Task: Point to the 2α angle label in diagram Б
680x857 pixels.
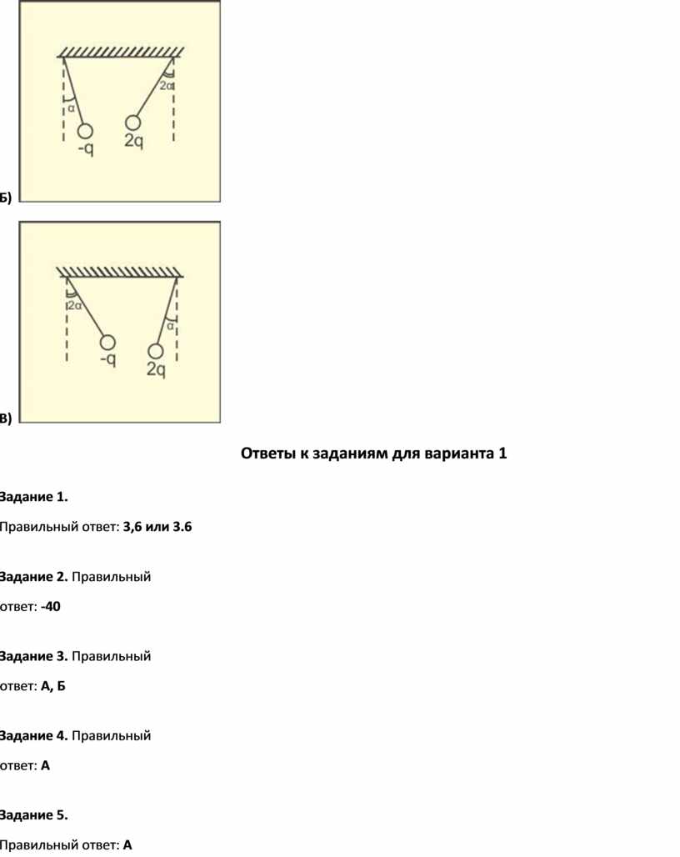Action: tap(166, 86)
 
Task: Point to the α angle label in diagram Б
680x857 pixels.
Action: tap(71, 108)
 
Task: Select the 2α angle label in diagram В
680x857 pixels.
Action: tap(75, 305)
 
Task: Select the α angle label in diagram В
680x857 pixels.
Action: tap(170, 326)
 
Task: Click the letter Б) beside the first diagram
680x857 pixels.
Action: tap(5, 198)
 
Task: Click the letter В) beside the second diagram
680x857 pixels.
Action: tap(5, 418)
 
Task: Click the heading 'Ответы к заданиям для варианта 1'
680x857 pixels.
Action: tap(373, 454)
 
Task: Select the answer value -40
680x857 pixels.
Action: tap(50, 607)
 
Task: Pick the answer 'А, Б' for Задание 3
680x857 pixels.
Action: tap(53, 686)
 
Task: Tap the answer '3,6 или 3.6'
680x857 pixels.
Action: tap(157, 527)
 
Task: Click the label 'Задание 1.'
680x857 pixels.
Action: tap(33, 497)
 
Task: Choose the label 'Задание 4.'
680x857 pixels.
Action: tap(33, 735)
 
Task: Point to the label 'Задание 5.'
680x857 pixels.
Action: tap(33, 815)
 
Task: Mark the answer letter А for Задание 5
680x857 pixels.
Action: tap(127, 845)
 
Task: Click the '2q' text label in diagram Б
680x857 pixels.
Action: tap(134, 141)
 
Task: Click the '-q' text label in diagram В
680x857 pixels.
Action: tap(107, 359)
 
